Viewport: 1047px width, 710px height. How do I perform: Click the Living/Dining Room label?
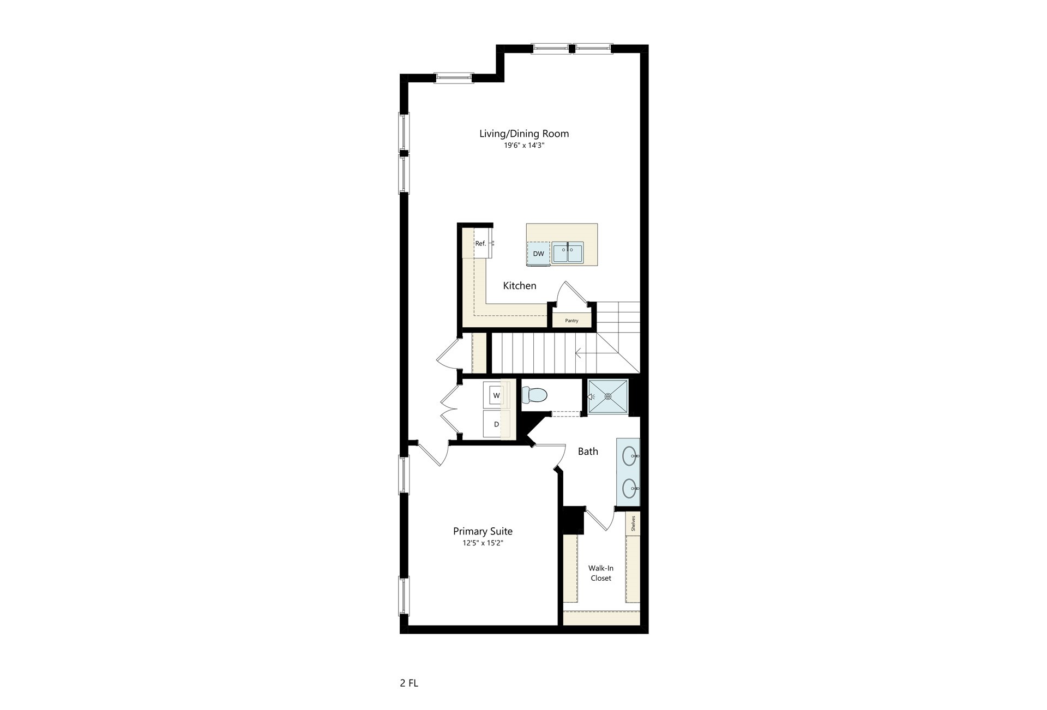(x=524, y=134)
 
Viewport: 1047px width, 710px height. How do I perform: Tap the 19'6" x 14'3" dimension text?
(x=524, y=146)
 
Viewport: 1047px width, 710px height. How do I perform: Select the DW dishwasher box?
(x=538, y=254)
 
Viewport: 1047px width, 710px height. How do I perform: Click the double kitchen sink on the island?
(x=567, y=253)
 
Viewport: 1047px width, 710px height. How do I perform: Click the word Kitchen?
(x=520, y=286)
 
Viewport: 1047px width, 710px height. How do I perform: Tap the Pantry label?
(x=571, y=321)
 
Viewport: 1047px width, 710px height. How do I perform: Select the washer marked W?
(x=496, y=395)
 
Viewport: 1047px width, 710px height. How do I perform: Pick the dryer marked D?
(x=496, y=424)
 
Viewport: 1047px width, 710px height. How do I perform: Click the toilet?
(x=534, y=395)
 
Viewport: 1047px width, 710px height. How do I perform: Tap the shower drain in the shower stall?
(x=608, y=396)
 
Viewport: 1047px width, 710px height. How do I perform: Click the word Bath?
(x=588, y=452)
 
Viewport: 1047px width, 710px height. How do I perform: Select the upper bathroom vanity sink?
(x=631, y=455)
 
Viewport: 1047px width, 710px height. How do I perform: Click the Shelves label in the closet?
(x=633, y=524)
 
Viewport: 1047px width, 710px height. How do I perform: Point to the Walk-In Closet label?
(x=601, y=573)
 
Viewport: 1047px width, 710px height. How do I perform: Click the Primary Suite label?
(x=483, y=532)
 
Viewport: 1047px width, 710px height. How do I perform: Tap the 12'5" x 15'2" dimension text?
(x=483, y=543)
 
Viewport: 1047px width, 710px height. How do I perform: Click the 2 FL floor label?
(x=409, y=683)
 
